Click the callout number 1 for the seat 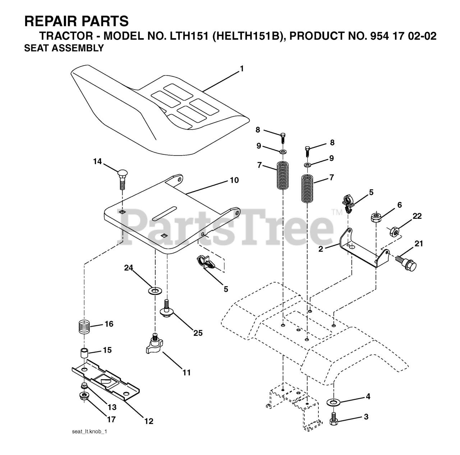(242, 68)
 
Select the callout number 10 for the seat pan (234, 180)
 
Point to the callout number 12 (148, 421)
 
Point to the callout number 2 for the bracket (321, 249)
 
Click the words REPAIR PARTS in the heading (76, 22)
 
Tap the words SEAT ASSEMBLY (64, 48)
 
